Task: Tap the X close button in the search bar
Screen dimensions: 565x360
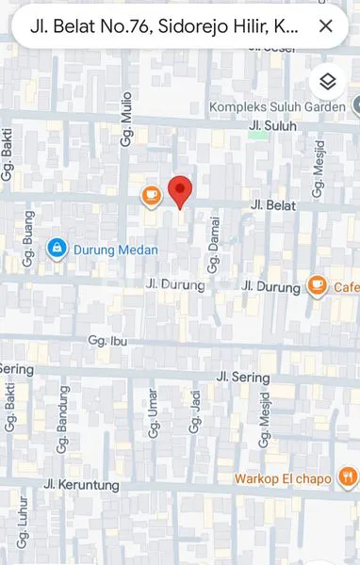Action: [x=326, y=26]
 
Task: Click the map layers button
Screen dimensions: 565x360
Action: [x=327, y=82]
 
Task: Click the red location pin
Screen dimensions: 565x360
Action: [x=180, y=191]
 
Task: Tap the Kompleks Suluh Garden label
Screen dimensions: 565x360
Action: [x=279, y=106]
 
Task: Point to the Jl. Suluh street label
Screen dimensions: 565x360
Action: [x=272, y=125]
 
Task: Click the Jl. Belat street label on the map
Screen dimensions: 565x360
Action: [x=273, y=204]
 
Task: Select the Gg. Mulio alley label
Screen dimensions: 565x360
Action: [x=126, y=124]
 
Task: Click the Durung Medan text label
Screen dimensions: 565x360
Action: [x=116, y=250]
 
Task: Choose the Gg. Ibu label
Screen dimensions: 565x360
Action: [x=106, y=340]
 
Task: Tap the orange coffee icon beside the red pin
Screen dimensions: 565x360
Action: [x=151, y=195]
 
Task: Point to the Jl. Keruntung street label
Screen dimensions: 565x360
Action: [x=82, y=485]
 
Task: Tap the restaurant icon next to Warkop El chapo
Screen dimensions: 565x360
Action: [x=348, y=478]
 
